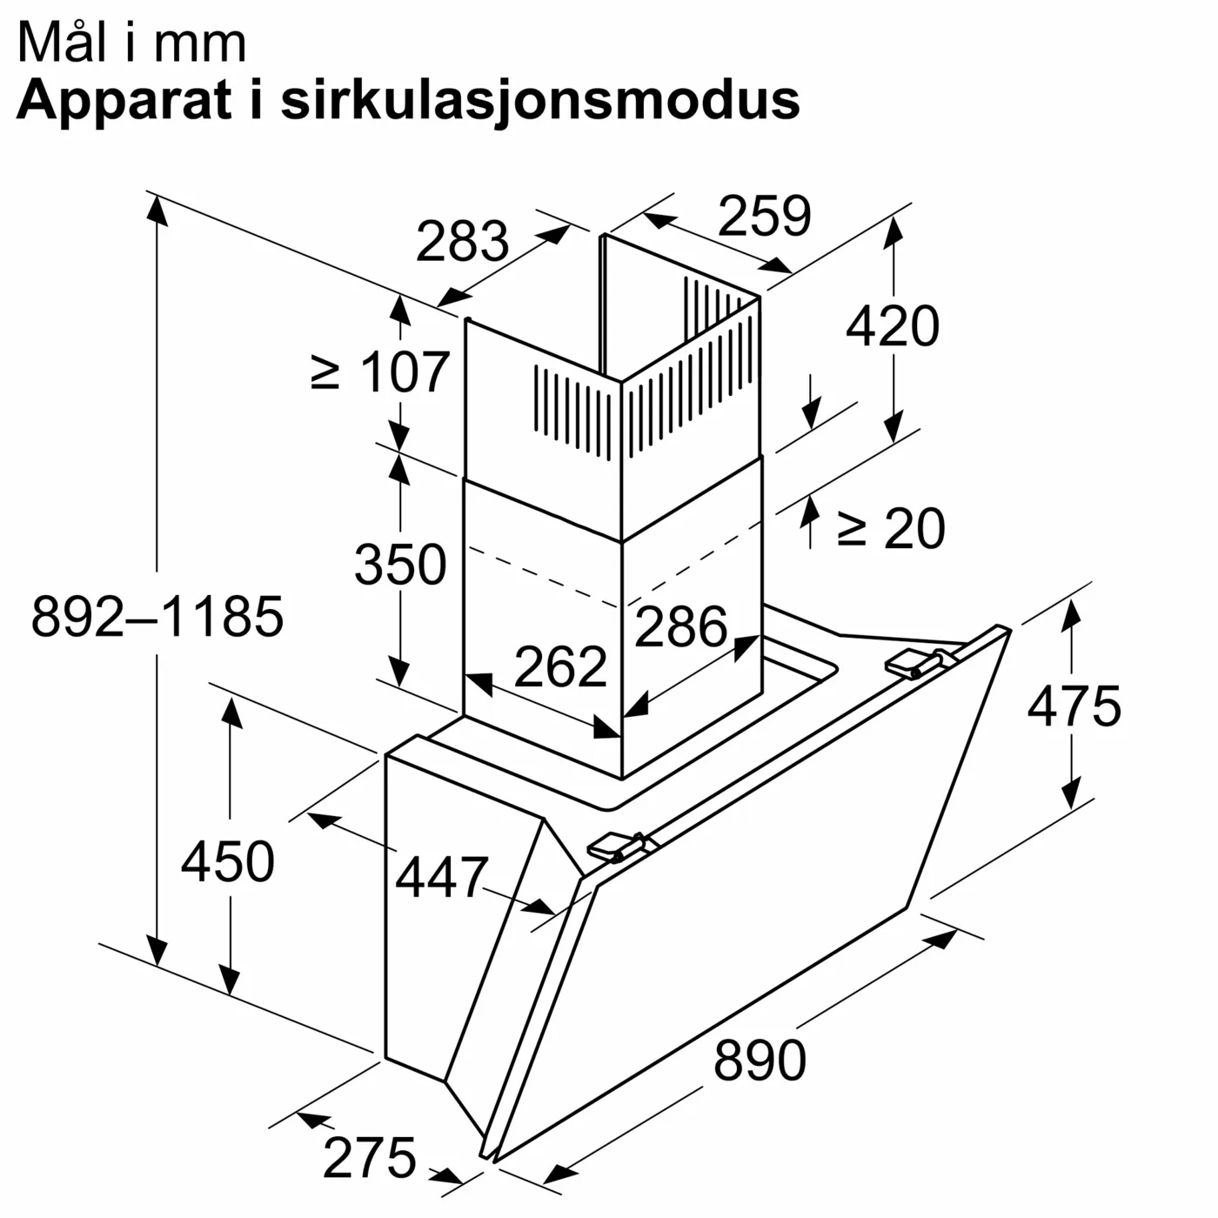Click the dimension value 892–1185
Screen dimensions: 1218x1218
[157, 616]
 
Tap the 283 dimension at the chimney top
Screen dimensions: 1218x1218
[462, 241]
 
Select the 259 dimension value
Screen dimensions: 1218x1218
[764, 216]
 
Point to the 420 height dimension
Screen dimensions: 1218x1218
[893, 326]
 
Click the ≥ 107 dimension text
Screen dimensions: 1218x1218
[380, 372]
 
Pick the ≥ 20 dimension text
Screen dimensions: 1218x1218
[890, 528]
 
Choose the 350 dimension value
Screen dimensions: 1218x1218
[400, 564]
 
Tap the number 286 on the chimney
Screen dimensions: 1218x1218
[680, 626]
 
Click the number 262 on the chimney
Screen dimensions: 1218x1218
[560, 666]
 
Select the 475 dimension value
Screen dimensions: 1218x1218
[1074, 706]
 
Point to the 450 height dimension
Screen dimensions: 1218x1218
[228, 861]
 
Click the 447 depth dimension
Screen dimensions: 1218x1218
[442, 877]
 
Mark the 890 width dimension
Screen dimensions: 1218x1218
[760, 1060]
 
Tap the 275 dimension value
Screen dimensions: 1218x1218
[370, 1158]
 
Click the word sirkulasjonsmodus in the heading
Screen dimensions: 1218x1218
[539, 100]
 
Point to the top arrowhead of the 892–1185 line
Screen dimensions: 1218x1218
[157, 209]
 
